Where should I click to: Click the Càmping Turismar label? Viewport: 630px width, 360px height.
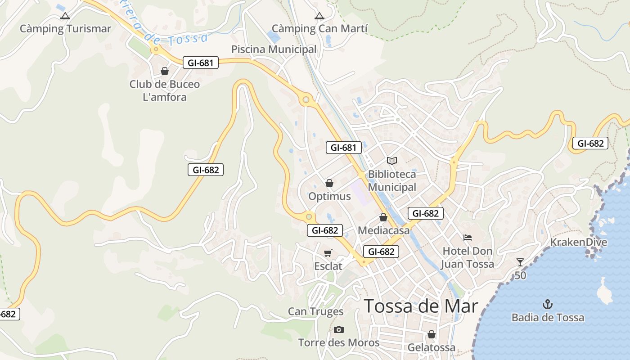click(x=65, y=29)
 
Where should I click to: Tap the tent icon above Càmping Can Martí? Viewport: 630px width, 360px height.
click(x=319, y=16)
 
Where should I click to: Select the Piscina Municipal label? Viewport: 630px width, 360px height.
click(x=274, y=49)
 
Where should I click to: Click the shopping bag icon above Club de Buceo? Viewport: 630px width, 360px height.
click(x=165, y=71)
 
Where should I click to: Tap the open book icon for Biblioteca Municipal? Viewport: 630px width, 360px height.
click(x=392, y=161)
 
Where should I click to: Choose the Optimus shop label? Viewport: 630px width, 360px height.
click(x=329, y=196)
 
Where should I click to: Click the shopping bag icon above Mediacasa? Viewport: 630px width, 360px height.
click(x=383, y=218)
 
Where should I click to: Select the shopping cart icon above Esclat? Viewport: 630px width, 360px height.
click(x=328, y=253)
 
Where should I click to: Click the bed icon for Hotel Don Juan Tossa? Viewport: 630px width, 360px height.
click(x=468, y=237)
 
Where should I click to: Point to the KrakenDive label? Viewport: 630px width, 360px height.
click(x=579, y=242)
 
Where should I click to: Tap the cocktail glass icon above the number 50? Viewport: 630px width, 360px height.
click(x=520, y=262)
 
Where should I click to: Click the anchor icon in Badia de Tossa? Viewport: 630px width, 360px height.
click(x=548, y=304)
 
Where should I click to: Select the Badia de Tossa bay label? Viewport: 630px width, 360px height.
click(x=548, y=318)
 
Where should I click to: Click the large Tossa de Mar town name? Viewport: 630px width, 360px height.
click(x=421, y=306)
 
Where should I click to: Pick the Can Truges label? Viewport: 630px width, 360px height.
click(x=315, y=311)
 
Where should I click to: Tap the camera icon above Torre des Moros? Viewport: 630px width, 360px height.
click(x=339, y=330)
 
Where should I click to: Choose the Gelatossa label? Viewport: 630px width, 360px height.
click(x=431, y=347)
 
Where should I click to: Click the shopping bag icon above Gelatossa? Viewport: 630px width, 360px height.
click(x=432, y=334)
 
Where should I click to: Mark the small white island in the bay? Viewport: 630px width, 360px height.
click(x=605, y=291)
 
